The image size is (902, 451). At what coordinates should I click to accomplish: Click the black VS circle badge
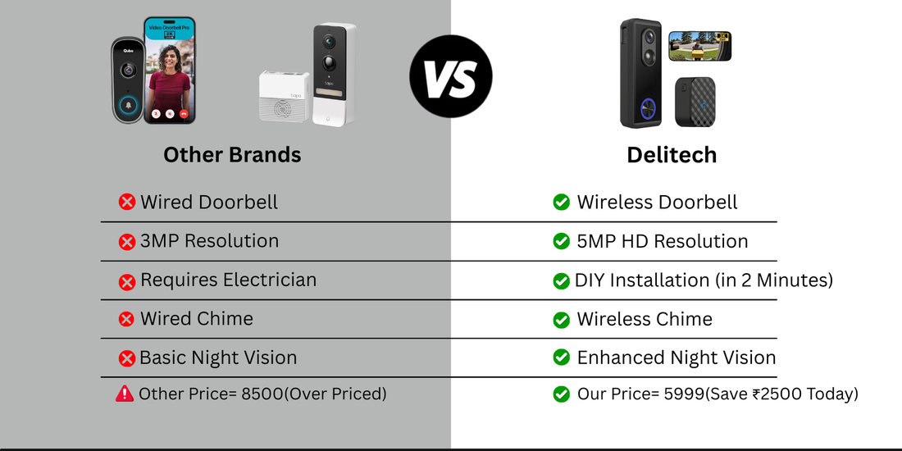tap(450, 75)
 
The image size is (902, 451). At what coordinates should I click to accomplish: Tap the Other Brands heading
tap(232, 154)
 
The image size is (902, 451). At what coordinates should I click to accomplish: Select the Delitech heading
tap(672, 154)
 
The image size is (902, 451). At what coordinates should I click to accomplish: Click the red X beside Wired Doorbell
tap(127, 203)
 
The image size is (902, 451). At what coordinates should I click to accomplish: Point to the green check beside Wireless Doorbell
tap(561, 203)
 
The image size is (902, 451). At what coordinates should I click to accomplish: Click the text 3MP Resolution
tap(209, 241)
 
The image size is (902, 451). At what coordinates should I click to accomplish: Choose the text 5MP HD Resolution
tap(662, 242)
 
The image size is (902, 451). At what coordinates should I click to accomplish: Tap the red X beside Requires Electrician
tap(127, 281)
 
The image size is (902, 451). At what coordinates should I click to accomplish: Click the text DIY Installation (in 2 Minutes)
tap(704, 280)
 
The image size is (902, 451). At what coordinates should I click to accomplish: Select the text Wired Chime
tap(196, 319)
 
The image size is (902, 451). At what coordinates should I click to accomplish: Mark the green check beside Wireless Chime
tap(561, 320)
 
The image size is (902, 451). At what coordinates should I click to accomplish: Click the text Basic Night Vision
tap(218, 358)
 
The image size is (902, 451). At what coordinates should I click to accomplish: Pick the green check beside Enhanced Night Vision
tap(561, 358)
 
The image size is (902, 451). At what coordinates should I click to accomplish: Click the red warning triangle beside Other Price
tap(125, 394)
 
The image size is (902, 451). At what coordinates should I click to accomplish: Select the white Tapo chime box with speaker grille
tap(285, 96)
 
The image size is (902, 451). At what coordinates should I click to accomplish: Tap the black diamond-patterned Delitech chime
tap(695, 102)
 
